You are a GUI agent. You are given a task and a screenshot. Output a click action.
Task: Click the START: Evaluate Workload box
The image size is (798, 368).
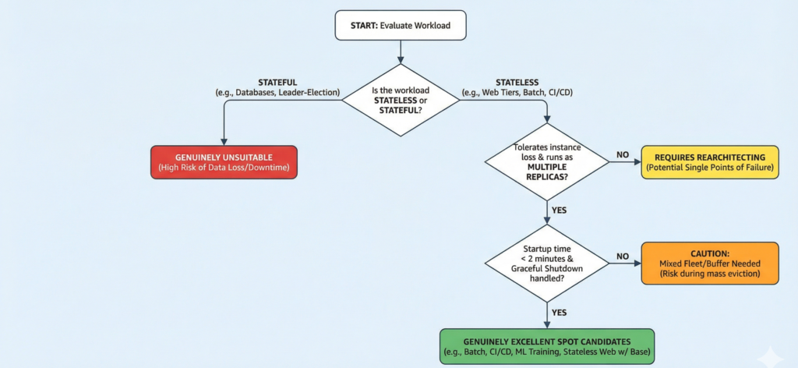coord(400,26)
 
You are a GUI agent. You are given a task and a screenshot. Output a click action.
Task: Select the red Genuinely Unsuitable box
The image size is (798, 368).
coord(224,162)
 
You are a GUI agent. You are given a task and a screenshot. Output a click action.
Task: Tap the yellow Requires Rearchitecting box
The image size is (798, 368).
coord(709,162)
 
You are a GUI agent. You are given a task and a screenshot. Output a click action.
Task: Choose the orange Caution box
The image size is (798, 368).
coord(709,264)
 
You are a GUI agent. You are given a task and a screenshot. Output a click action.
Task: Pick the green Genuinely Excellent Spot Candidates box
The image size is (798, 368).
coord(546,347)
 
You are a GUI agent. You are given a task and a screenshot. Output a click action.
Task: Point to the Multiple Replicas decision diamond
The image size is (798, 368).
coord(546,162)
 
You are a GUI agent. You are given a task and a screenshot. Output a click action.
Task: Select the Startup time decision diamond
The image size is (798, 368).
coord(546,264)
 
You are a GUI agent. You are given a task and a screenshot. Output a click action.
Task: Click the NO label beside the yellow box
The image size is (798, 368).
coord(623,155)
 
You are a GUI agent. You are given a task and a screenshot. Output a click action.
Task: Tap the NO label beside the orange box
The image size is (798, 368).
coord(623,256)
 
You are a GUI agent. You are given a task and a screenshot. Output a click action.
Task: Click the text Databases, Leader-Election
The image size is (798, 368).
coord(280,93)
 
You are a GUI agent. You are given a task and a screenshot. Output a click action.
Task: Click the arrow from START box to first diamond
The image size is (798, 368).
coord(400,51)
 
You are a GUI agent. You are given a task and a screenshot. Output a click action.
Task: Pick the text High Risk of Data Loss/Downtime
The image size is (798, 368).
coord(224,168)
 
